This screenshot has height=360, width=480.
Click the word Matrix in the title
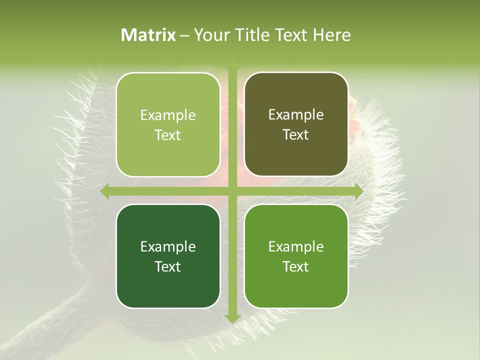click(x=148, y=35)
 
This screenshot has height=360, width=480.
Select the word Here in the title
click(x=331, y=35)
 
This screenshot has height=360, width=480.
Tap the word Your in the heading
click(x=210, y=35)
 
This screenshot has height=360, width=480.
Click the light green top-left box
click(x=168, y=124)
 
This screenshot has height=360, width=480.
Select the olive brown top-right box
click(x=296, y=124)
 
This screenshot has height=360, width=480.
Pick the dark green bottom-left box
click(x=168, y=256)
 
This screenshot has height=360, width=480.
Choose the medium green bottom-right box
click(x=296, y=256)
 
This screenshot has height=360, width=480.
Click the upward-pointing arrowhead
click(x=232, y=64)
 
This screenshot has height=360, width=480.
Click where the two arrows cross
click(x=232, y=191)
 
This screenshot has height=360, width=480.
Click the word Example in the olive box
click(x=296, y=114)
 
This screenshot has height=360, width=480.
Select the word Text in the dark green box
click(x=168, y=266)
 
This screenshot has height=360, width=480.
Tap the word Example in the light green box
click(x=168, y=115)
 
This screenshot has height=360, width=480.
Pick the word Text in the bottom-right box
click(x=296, y=266)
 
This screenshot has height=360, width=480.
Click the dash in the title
click(x=184, y=35)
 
